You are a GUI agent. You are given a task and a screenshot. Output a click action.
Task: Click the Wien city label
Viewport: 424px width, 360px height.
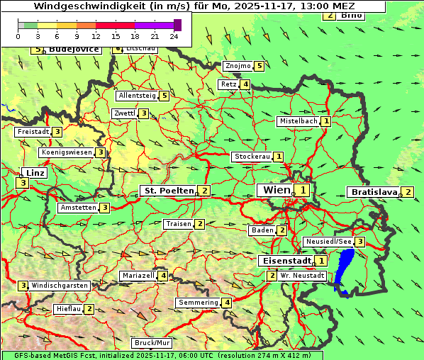pos(277,190)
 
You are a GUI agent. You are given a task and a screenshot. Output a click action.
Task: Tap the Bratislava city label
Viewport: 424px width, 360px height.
pos(373,192)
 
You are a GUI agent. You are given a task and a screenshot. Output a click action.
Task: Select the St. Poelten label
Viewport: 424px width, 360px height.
pos(168,191)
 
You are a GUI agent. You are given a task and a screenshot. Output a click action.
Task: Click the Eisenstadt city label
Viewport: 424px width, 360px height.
pos(287,261)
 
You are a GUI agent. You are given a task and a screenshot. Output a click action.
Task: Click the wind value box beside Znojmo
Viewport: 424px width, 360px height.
pos(259,66)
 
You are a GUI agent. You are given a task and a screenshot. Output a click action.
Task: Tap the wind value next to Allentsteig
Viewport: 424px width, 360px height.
pos(164,95)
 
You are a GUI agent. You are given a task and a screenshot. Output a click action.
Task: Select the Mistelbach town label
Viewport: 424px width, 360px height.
pos(299,121)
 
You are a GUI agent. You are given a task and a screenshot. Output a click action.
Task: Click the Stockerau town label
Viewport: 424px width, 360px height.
pos(252,157)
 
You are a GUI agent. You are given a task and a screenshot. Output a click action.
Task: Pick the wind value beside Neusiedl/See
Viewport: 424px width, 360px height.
pos(360,242)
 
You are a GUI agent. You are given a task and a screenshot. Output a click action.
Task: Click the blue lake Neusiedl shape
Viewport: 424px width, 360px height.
pos(344,272)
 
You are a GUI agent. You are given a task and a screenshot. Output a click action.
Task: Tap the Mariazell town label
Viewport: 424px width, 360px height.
pos(138,276)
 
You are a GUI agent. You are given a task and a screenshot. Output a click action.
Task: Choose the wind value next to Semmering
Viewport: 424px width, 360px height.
pos(227,303)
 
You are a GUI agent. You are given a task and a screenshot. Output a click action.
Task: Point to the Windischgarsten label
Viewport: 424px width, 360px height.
pos(60,286)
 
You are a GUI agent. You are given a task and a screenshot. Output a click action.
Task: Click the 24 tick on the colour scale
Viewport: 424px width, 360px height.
pos(174,35)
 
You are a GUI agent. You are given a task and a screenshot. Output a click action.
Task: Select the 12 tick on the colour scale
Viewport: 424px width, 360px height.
pos(96,35)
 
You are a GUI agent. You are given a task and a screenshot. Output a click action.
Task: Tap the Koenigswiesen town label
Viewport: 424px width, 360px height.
pos(67,152)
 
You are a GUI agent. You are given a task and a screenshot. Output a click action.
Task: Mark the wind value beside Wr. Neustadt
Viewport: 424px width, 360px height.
pos(272,275)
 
